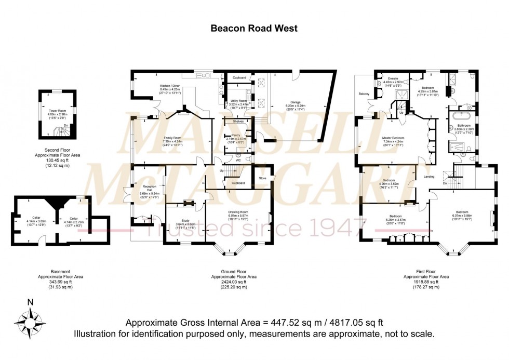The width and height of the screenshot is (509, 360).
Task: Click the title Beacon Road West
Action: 254,29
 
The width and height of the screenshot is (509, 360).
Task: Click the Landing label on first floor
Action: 429,177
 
